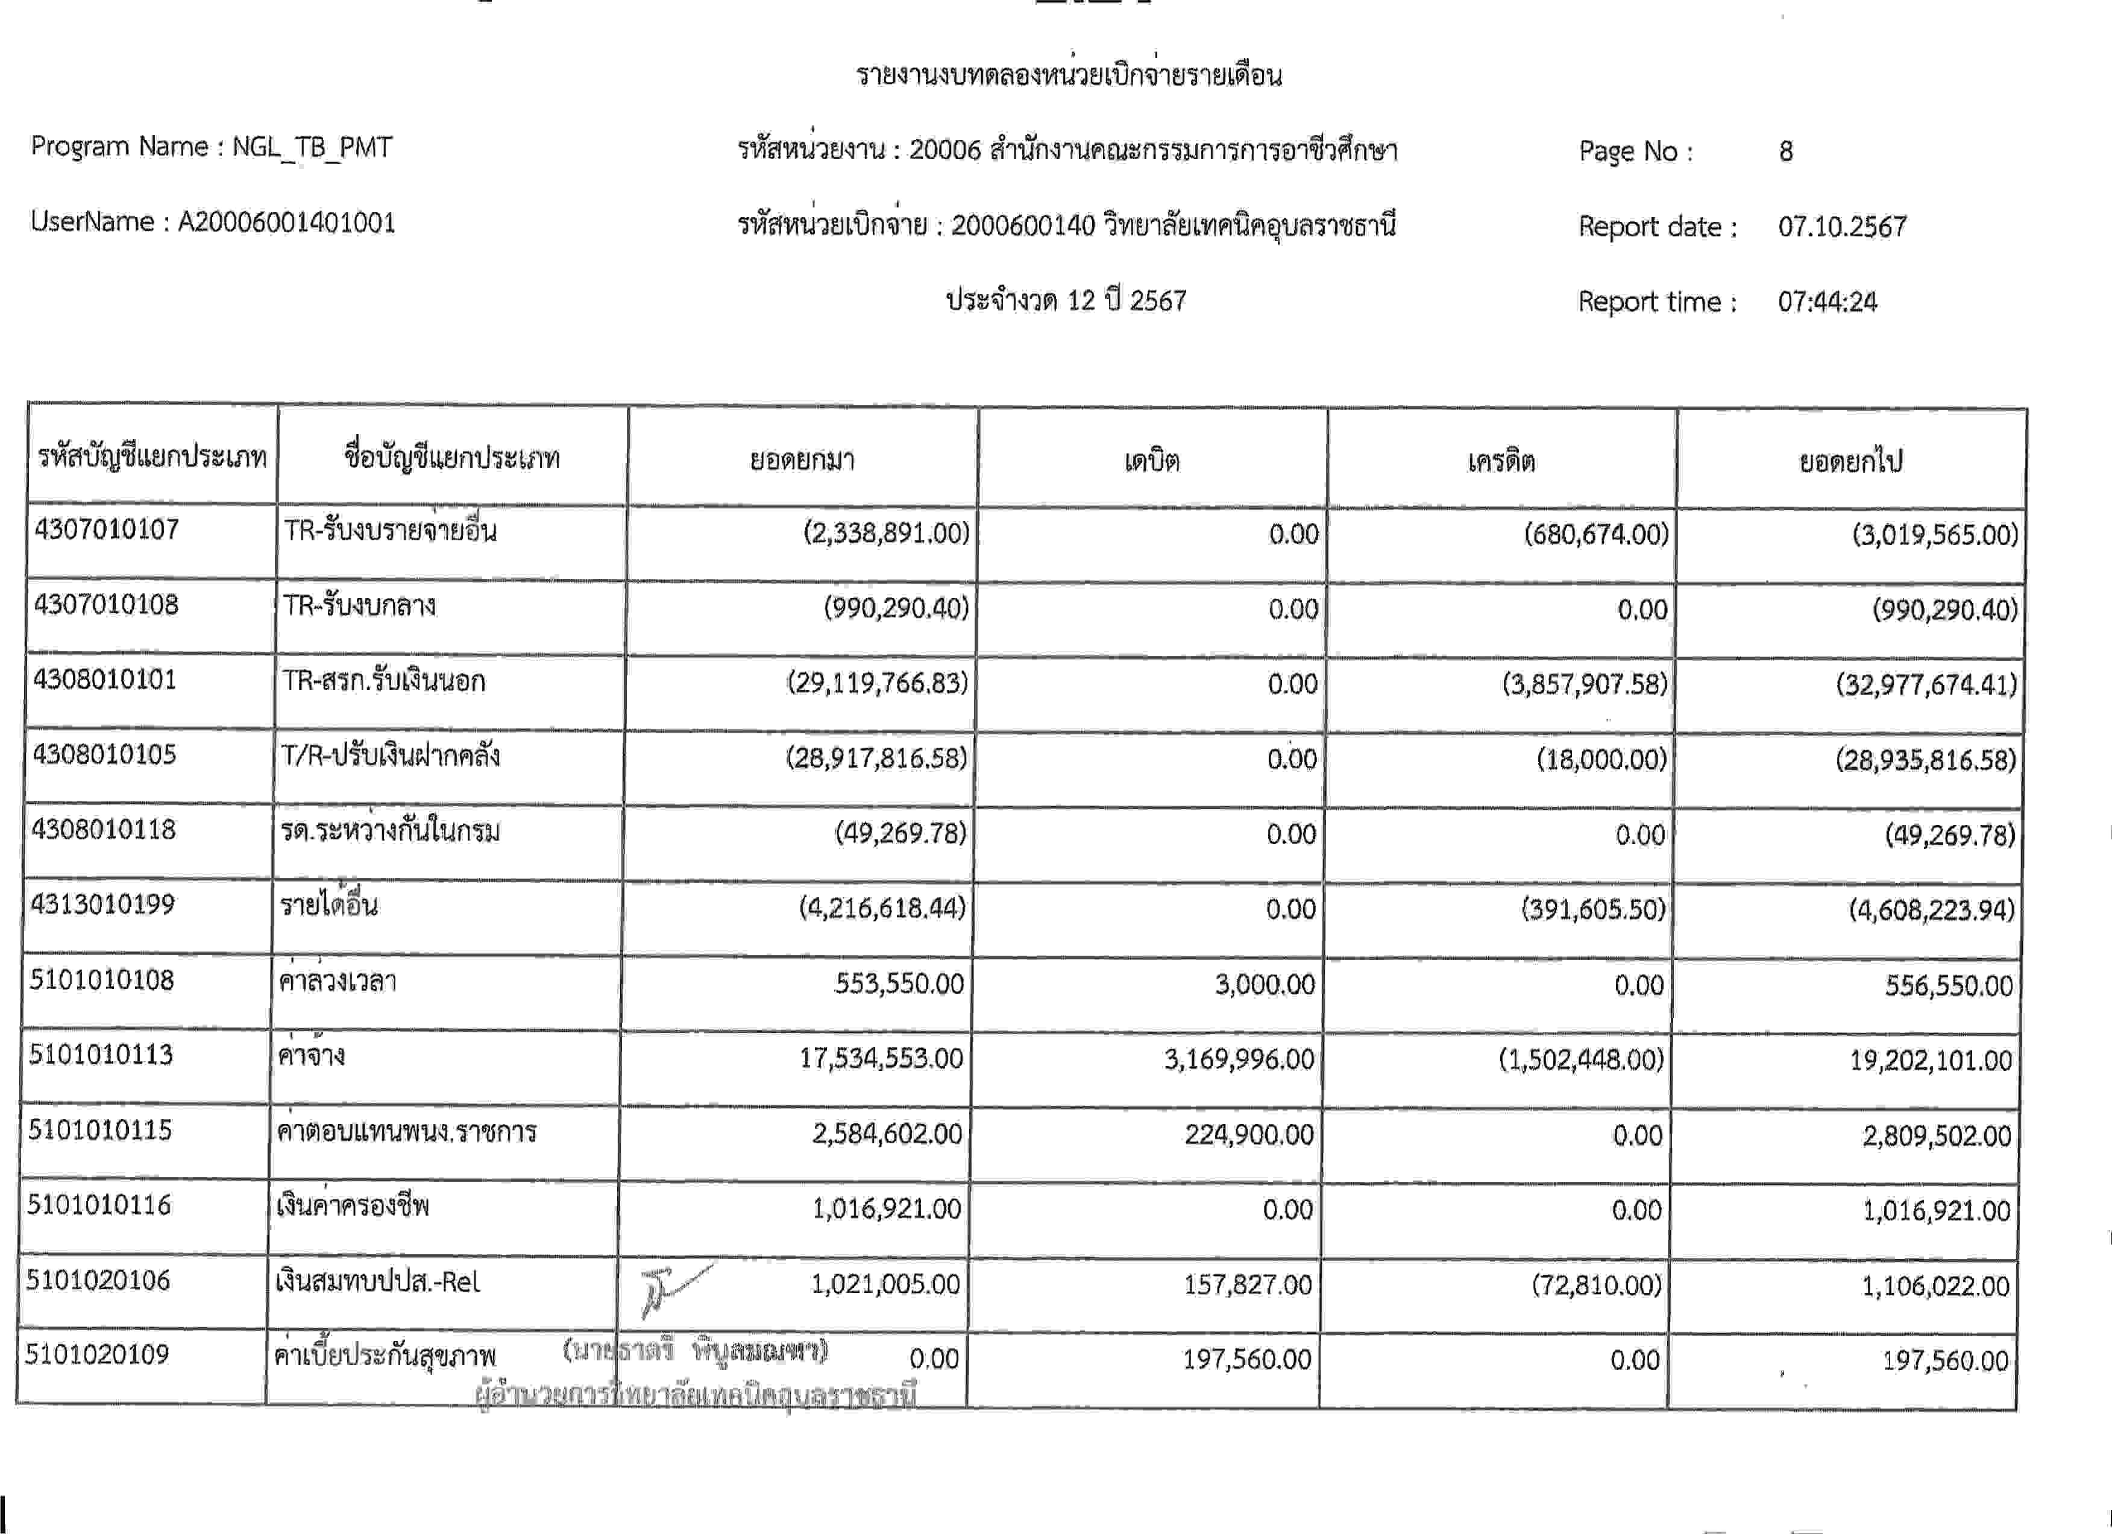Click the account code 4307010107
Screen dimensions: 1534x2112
click(x=106, y=530)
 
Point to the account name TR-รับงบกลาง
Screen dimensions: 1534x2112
click(x=359, y=607)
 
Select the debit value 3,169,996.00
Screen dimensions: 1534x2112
click(x=1239, y=1059)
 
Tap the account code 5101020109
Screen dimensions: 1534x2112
click(x=97, y=1354)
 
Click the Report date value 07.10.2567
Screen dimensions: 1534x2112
click(x=1842, y=226)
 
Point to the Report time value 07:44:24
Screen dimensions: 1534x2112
click(x=1827, y=301)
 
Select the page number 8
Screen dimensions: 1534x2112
click(x=1785, y=151)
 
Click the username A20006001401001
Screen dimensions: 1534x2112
click(x=287, y=223)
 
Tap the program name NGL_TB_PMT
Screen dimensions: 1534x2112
click(x=312, y=147)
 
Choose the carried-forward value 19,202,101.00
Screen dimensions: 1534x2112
click(x=1931, y=1061)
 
